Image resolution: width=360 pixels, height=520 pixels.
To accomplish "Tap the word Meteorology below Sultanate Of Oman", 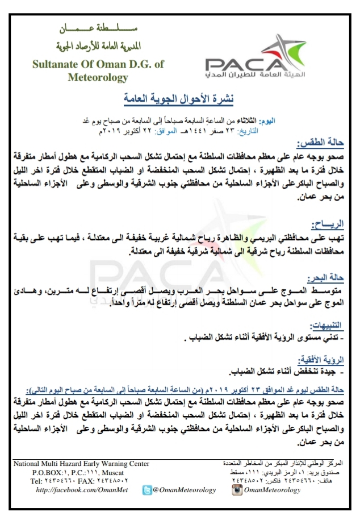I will pyautogui.click(x=98, y=77).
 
